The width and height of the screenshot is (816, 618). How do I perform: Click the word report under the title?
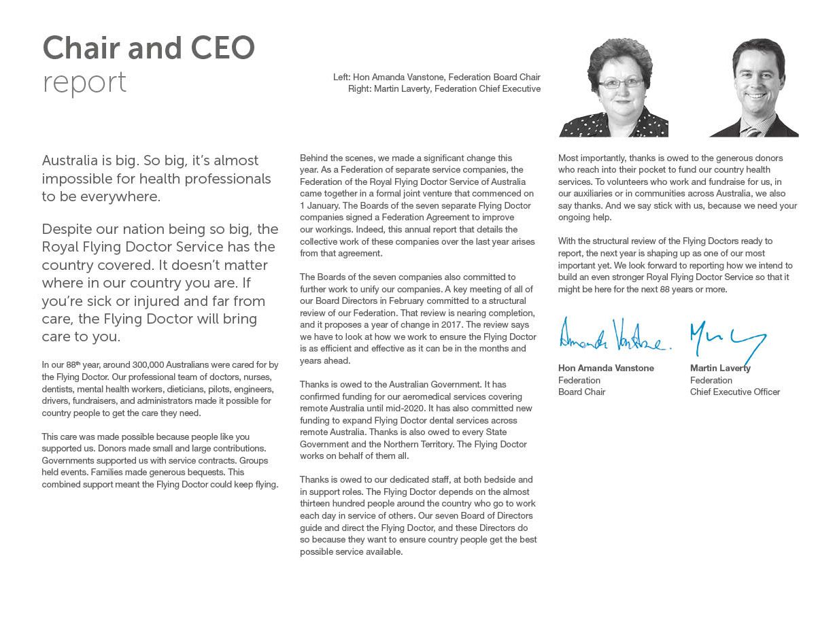coord(84,82)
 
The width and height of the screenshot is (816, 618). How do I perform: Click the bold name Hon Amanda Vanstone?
coord(606,368)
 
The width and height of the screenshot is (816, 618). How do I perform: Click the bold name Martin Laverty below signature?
coord(720,368)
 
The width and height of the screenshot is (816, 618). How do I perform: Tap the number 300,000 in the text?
coord(143,365)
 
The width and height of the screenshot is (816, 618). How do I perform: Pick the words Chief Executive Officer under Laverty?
coord(734,392)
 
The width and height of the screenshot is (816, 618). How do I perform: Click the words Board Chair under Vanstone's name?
coord(581,392)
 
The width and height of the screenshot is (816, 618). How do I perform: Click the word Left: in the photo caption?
coord(342,78)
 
